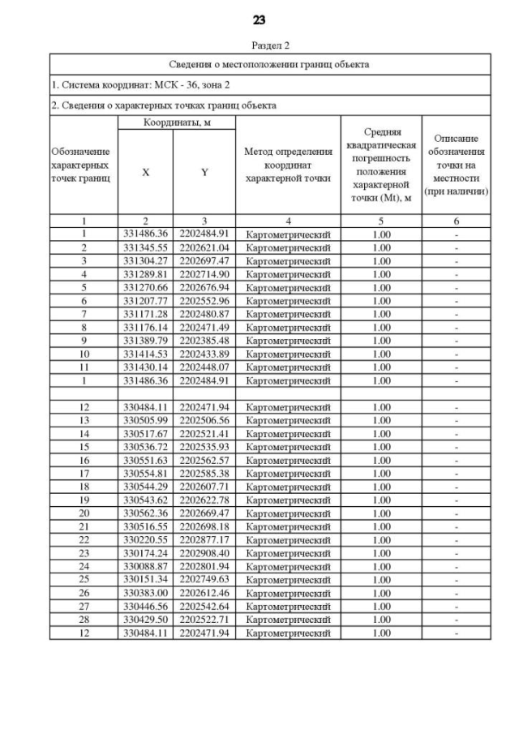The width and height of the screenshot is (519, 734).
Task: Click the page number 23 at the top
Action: pos(259,19)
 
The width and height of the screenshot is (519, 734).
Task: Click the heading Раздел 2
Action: pos(271,46)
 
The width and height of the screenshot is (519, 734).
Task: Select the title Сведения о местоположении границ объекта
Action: pos(270,64)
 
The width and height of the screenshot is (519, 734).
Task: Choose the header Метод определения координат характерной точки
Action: pos(288,165)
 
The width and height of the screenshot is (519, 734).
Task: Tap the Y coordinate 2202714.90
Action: pos(204,275)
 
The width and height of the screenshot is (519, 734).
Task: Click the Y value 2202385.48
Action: pos(204,341)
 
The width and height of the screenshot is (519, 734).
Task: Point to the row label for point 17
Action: pos(84,474)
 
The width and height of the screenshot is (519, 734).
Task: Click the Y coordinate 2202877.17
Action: pos(204,540)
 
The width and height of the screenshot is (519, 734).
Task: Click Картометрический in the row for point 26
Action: pos(288,593)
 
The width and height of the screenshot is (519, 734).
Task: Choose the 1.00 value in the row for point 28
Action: pos(380,620)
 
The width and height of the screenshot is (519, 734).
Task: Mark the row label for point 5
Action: pos(84,288)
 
